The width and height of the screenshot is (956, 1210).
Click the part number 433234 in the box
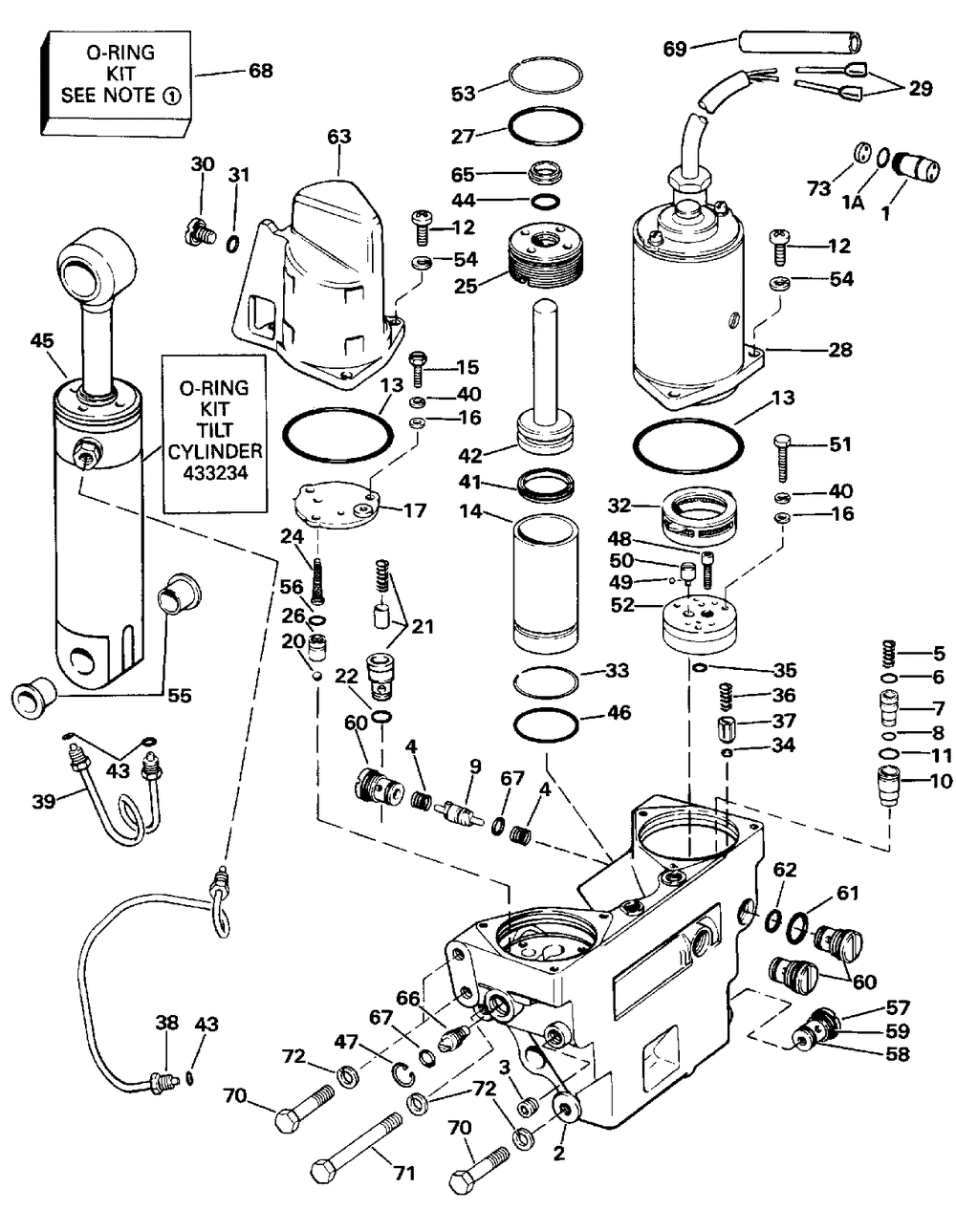tap(215, 473)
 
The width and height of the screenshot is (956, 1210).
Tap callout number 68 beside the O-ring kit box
tap(260, 71)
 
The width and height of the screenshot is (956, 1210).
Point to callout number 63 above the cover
tap(339, 137)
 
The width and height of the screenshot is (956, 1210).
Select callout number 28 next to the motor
tap(840, 350)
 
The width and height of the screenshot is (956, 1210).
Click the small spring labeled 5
tap(887, 654)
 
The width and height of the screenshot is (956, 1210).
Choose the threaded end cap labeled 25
tap(546, 254)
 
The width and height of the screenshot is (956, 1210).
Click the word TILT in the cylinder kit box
tap(215, 430)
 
